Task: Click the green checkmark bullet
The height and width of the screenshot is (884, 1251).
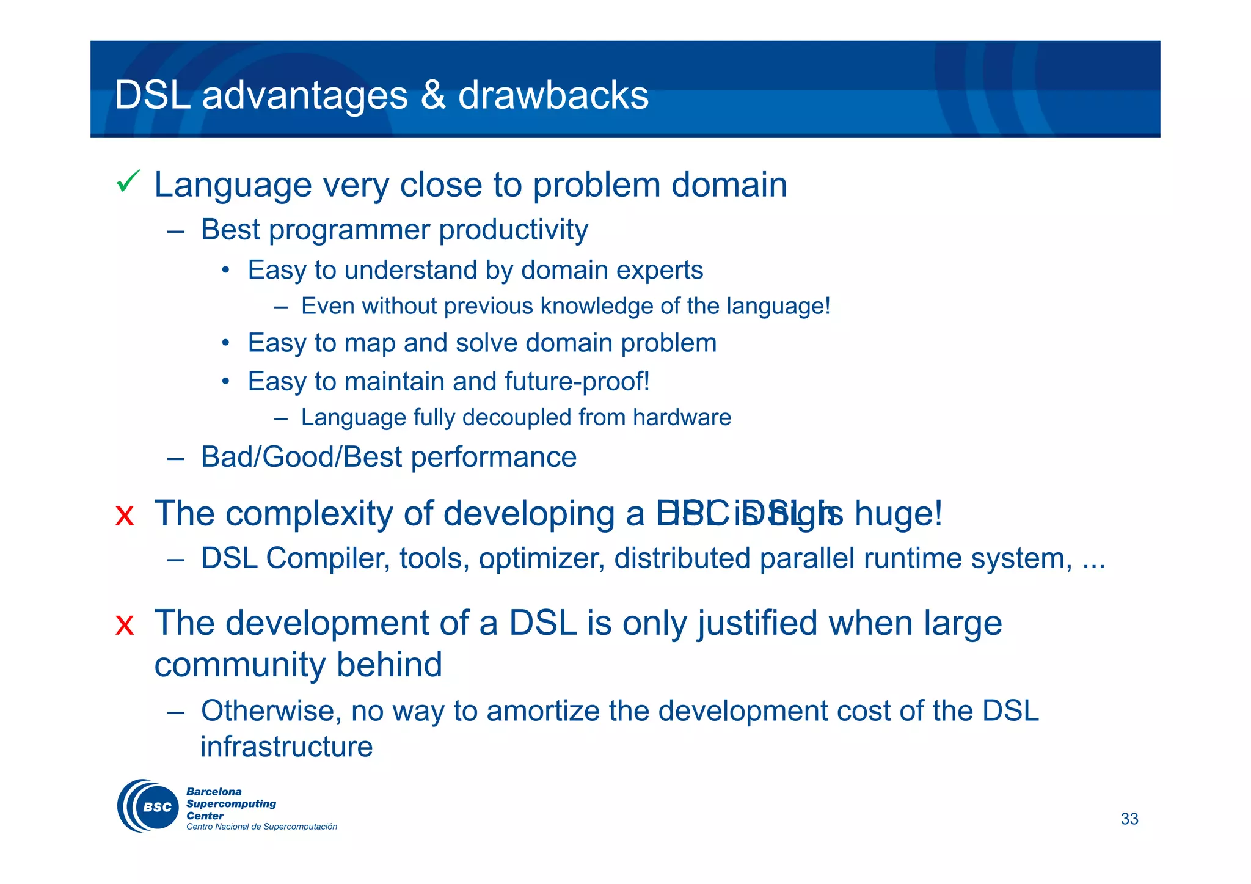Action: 128,181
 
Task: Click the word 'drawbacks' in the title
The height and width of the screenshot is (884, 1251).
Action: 553,95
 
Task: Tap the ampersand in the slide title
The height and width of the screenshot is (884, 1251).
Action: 433,95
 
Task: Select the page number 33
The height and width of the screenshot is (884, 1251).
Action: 1129,819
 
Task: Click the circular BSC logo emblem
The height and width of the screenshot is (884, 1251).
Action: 148,806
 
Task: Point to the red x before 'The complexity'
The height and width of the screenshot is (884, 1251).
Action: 125,516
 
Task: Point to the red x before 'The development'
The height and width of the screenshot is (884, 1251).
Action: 125,625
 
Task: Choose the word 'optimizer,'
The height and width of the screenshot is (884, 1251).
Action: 542,559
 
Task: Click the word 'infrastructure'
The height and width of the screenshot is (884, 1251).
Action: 286,747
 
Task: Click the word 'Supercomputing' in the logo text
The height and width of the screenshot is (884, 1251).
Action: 231,804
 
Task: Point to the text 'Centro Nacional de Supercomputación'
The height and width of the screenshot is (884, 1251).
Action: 261,827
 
